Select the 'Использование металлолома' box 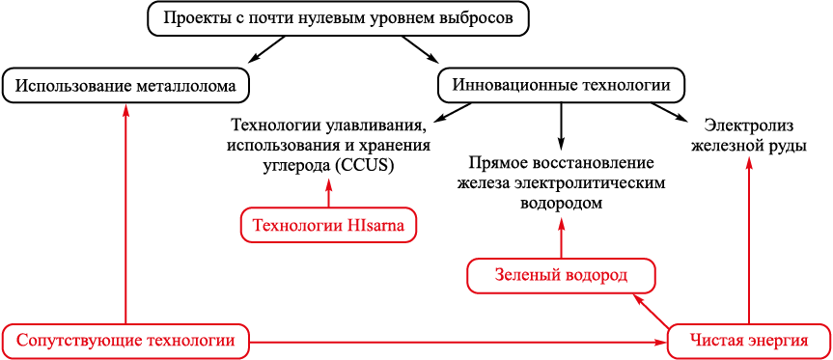tap(125, 85)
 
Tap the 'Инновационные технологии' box tap(561, 85)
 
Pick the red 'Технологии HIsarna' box tap(328, 225)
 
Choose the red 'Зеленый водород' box tap(562, 276)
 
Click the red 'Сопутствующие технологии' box tap(125, 341)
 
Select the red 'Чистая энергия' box tap(749, 341)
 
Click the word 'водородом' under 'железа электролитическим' tap(561, 203)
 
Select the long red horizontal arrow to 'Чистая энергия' tap(458, 343)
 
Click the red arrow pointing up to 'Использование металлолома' tap(125, 212)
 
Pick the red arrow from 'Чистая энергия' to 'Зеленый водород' tap(649, 311)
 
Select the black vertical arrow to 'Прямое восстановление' tap(561, 125)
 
